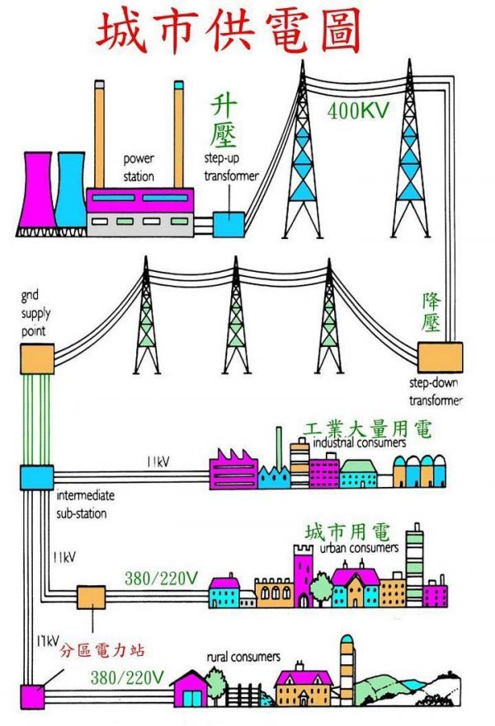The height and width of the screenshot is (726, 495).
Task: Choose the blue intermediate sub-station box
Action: [x=35, y=477]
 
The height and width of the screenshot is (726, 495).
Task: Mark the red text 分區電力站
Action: [x=102, y=649]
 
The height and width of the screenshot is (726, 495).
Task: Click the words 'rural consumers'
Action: [x=243, y=657]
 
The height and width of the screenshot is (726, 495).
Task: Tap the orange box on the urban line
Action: [x=91, y=597]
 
